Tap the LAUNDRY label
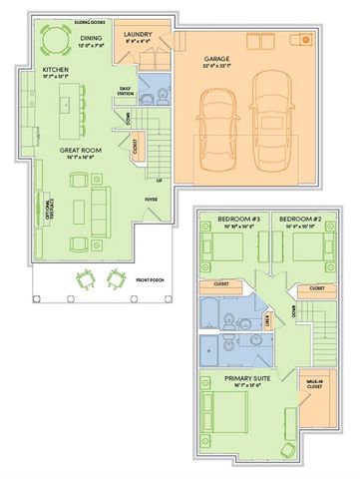[138, 34]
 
